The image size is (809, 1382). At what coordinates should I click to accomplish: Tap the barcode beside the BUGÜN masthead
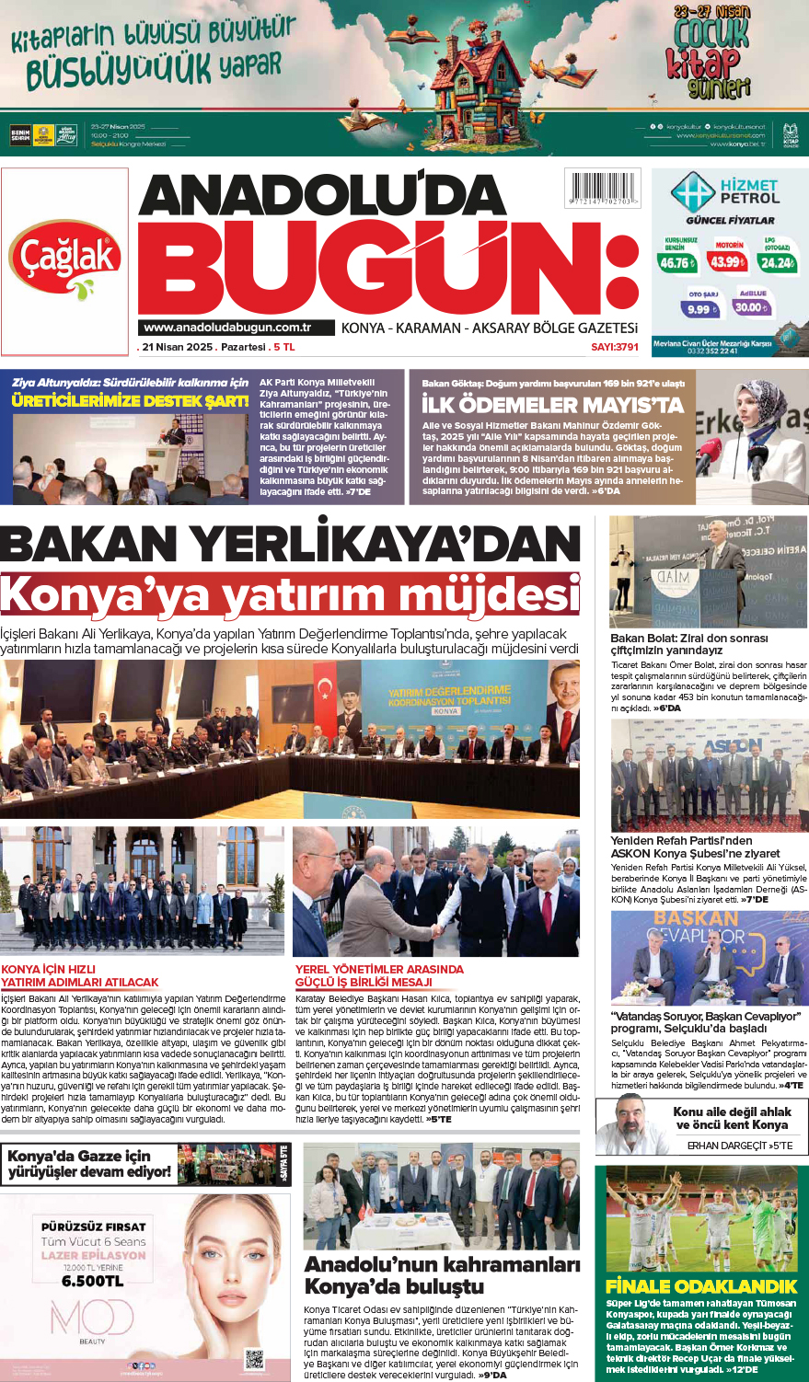(x=603, y=190)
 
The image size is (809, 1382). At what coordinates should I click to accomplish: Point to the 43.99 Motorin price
(x=727, y=261)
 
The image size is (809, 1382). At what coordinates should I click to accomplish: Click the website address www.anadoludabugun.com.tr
(x=227, y=328)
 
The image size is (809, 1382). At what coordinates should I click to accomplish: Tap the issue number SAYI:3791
(x=614, y=347)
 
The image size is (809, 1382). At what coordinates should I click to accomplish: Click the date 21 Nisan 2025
(x=176, y=347)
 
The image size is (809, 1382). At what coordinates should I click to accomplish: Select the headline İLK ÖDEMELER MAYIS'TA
(x=552, y=405)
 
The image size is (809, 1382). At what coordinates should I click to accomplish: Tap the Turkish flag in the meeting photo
(x=323, y=698)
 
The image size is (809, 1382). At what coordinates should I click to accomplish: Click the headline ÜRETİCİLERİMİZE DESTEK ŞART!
(x=130, y=400)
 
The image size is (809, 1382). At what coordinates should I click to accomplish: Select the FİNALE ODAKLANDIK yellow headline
(x=701, y=1286)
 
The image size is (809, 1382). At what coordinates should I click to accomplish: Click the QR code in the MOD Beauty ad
(x=254, y=1358)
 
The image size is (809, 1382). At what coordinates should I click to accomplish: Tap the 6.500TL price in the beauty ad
(x=92, y=1281)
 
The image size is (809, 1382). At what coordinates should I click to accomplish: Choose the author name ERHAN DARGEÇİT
(x=727, y=1146)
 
